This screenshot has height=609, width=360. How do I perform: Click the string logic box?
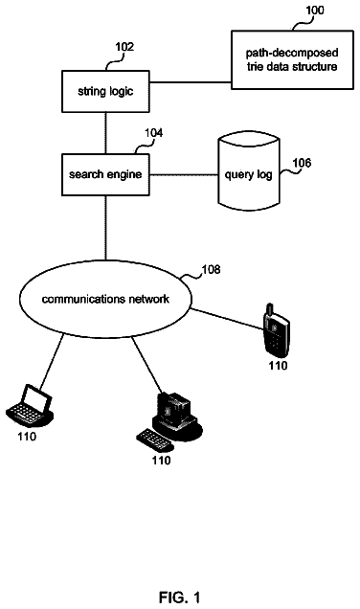pos(105,91)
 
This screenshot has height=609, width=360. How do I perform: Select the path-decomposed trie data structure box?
pos(292,59)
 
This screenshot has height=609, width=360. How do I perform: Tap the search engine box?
pos(105,174)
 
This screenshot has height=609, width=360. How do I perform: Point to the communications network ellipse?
pos(105,299)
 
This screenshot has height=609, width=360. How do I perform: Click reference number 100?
pos(315,10)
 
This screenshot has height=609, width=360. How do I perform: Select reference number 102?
pos(124,47)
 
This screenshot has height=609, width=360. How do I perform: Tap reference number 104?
pos(154,133)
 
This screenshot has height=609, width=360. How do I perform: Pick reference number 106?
pos(302,163)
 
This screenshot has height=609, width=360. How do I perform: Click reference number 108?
pos(212,269)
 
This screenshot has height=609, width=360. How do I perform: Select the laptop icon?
pos(30,406)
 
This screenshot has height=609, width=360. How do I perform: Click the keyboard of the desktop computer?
pos(154,440)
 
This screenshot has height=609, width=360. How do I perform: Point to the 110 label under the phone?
pos(278,366)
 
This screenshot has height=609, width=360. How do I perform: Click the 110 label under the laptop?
pos(27,437)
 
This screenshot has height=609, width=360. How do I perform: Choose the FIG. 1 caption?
pos(180,598)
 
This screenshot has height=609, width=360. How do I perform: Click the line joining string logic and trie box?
pos(191,82)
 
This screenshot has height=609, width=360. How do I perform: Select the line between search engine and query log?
pos(184,175)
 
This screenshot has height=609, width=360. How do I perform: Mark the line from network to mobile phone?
pos(227,320)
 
